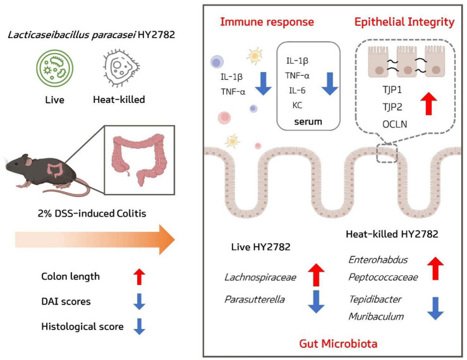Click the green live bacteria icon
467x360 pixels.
(x=55, y=68)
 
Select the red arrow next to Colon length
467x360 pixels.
(x=139, y=277)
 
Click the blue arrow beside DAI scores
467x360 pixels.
(x=139, y=302)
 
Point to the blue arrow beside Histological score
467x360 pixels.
(x=139, y=327)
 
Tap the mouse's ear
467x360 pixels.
(x=28, y=162)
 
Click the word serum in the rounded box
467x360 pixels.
(x=308, y=121)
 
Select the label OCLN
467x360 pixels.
(x=394, y=124)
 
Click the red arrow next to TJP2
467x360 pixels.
(x=428, y=104)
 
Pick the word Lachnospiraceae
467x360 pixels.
(x=260, y=277)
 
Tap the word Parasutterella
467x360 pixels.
(x=255, y=299)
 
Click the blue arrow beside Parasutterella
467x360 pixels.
(x=316, y=302)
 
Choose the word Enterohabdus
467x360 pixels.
(x=378, y=260)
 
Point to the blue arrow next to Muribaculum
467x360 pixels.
(x=435, y=308)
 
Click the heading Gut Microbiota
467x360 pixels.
(x=338, y=344)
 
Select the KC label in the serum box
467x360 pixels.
(x=297, y=105)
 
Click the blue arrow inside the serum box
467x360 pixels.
(x=330, y=83)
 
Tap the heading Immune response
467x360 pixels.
(x=267, y=22)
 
